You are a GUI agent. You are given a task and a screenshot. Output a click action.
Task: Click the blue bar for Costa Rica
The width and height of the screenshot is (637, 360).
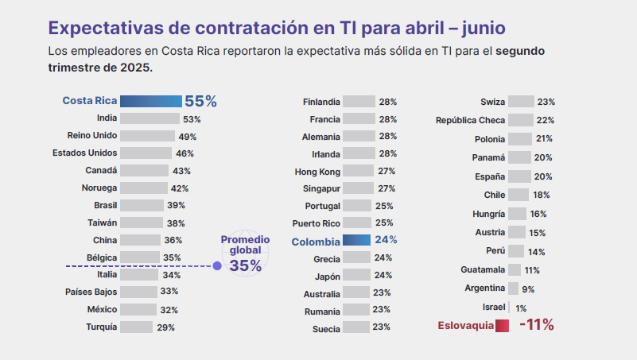(x=151, y=101)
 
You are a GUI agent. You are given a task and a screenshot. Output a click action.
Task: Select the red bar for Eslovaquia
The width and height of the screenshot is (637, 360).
(x=502, y=324)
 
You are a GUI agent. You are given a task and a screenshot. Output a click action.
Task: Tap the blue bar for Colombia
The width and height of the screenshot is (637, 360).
(x=356, y=240)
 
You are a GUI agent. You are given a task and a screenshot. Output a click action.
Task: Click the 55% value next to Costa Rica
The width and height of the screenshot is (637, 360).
(x=200, y=101)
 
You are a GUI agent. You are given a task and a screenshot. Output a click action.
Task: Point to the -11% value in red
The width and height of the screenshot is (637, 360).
(x=536, y=324)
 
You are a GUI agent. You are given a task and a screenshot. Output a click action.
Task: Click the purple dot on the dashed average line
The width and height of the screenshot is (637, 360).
(x=217, y=265)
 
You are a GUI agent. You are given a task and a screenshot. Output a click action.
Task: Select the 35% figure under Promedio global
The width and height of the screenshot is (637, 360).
(x=245, y=265)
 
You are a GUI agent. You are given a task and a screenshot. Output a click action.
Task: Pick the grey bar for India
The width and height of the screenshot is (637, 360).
(x=150, y=119)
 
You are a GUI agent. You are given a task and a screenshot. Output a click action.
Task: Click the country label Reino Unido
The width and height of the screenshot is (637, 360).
(x=93, y=136)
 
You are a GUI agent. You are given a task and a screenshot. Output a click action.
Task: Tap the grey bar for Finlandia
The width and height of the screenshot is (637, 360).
(x=359, y=102)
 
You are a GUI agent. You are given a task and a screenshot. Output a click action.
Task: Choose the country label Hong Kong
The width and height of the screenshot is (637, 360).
(x=317, y=171)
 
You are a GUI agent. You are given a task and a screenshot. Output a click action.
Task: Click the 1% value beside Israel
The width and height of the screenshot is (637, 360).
(x=521, y=308)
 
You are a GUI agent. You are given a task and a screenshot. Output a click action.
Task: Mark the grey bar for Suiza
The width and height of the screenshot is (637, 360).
(x=521, y=102)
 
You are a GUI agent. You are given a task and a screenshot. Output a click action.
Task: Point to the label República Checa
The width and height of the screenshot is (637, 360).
(x=471, y=120)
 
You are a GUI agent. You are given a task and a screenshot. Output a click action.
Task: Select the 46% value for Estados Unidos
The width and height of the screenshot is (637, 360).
(x=184, y=153)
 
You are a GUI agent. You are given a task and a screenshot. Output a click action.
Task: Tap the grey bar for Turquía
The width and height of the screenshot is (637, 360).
(x=137, y=327)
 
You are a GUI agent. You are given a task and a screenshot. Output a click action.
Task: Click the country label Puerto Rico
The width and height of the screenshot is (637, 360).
(x=317, y=223)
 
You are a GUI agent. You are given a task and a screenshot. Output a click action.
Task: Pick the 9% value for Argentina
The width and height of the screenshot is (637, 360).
(x=528, y=288)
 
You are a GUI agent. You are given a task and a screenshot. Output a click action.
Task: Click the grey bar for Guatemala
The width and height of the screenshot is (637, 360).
(x=515, y=270)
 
